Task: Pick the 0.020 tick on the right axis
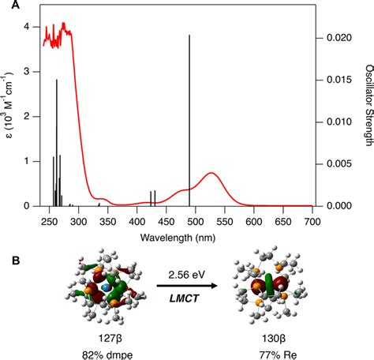[331, 37]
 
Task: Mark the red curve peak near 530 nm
[211, 172]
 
